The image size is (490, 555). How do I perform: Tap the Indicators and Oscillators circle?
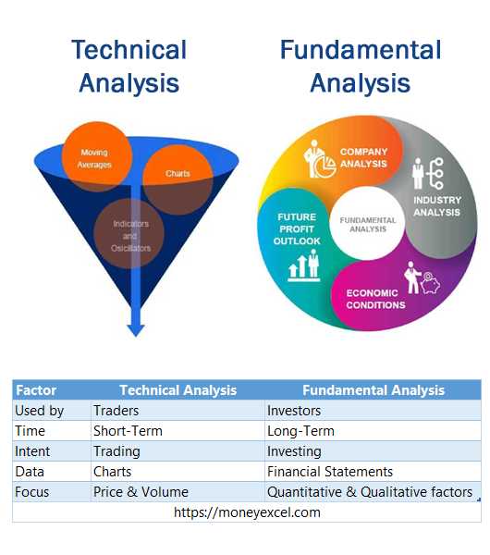131,235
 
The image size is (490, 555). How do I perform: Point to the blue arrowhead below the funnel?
136,327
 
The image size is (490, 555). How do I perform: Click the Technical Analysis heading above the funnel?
129,66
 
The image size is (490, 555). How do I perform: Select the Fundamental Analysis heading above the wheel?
360,66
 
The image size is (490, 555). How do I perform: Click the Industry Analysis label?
436,205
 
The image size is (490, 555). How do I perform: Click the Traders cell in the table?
116,410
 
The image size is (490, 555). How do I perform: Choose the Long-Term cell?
300,430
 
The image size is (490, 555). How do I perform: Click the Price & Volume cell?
141,492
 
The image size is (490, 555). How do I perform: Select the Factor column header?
36,389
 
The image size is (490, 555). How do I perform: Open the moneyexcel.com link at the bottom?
246,512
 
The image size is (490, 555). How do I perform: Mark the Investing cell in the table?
294,451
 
